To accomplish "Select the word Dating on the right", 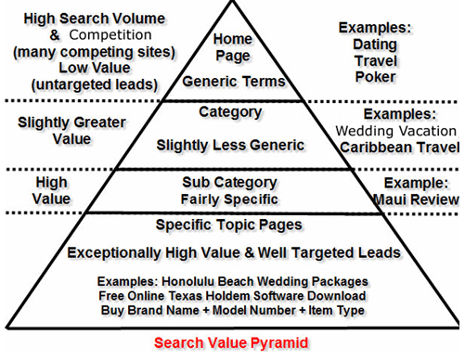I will tap(375, 44).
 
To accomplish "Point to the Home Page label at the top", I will tap(232, 47).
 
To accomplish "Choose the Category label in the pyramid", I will tap(231, 112).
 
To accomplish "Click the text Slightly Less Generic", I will tap(231, 146).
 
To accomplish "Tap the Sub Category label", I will tap(231, 182).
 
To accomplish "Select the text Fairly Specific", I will tap(231, 198).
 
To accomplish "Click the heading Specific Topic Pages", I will tap(231, 225).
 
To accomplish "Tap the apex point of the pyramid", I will tap(232, 4).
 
